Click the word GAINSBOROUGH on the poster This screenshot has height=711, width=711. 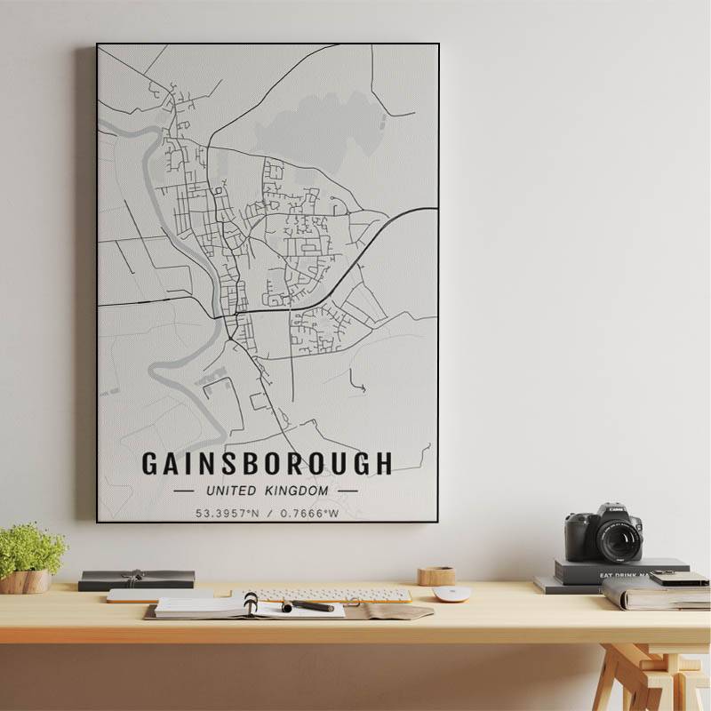(267, 463)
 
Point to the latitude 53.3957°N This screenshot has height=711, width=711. (227, 513)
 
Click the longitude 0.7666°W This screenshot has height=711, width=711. (309, 513)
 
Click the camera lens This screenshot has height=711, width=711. (619, 539)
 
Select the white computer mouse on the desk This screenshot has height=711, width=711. (451, 594)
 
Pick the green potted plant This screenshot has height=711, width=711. (31, 549)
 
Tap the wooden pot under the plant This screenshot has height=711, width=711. (27, 581)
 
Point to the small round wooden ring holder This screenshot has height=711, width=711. (436, 576)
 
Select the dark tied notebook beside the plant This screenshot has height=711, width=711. (136, 579)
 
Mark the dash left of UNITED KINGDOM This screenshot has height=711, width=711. (186, 490)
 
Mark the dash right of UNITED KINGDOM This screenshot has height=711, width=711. (348, 490)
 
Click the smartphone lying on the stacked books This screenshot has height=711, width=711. (679, 579)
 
